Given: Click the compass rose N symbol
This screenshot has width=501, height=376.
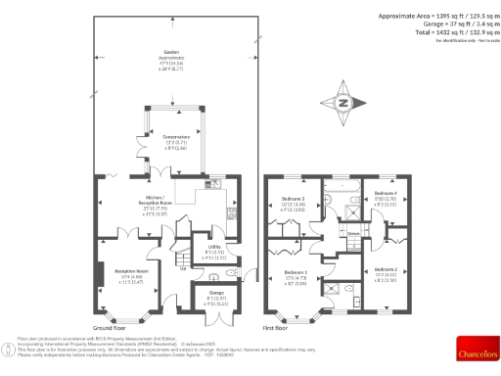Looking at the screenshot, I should point(342,102).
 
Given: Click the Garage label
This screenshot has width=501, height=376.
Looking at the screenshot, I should point(211,295).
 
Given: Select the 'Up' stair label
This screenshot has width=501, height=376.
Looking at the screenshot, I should point(181,266).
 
